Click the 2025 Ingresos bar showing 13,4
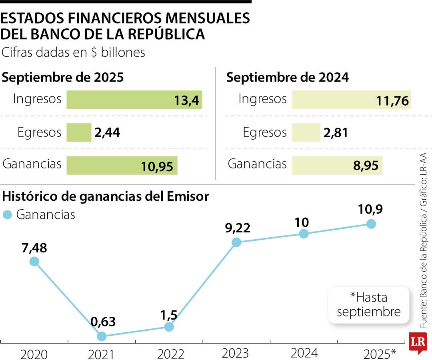(x=134, y=100)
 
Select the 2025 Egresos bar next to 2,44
(x=79, y=132)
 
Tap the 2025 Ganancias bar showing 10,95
(x=122, y=165)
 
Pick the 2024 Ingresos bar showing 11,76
(x=351, y=100)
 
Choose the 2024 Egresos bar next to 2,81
(x=306, y=132)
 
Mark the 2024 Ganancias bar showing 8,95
(x=337, y=165)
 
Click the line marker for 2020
(x=34, y=262)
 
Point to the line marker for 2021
(x=102, y=336)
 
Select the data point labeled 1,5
(x=169, y=327)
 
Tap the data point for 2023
(x=236, y=242)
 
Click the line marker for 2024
(x=304, y=234)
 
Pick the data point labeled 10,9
(x=371, y=224)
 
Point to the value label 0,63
(x=103, y=321)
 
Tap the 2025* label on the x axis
(x=380, y=354)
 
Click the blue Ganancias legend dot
(x=7, y=215)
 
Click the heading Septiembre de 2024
(x=287, y=78)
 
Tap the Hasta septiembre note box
(x=369, y=305)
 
